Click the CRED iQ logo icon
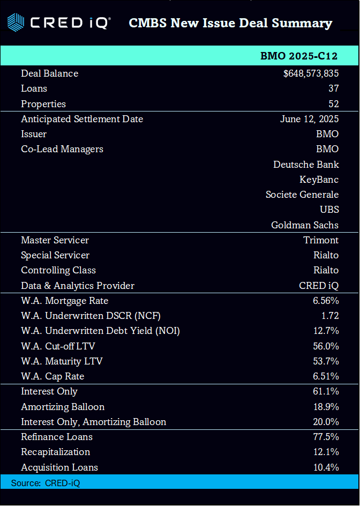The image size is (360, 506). [x=16, y=23]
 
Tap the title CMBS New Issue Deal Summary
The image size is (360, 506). [x=230, y=23]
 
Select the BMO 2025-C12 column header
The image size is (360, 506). [x=299, y=56]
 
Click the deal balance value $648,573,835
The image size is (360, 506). [x=311, y=73]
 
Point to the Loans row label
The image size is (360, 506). [x=34, y=88]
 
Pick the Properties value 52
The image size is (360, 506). [x=333, y=104]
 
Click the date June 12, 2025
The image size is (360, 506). [x=309, y=119]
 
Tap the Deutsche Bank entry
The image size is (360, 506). [x=306, y=164]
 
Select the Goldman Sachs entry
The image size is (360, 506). [x=305, y=225]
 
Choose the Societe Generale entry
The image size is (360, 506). [x=302, y=195]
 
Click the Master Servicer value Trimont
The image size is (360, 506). [x=321, y=240]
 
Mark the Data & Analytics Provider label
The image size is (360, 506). [x=78, y=286]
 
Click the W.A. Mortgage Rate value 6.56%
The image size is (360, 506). [x=326, y=301]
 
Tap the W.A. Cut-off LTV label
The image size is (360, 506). [x=58, y=346]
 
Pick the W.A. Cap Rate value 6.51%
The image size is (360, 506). [x=326, y=376]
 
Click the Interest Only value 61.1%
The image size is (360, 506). [x=326, y=392]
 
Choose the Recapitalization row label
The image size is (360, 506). [x=55, y=452]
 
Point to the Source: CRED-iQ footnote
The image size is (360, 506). [x=46, y=483]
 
